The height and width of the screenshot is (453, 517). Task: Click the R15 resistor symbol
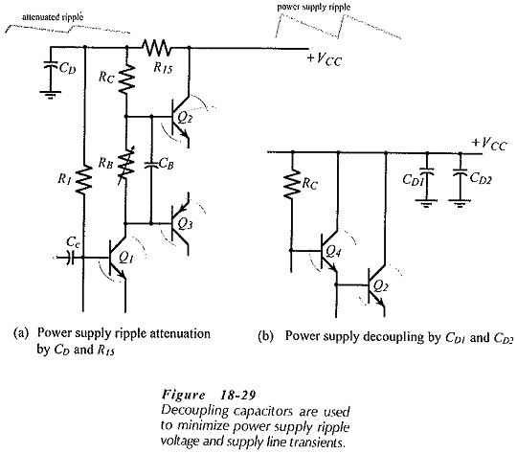pos(156,48)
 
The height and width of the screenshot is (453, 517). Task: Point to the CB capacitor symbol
pos(151,165)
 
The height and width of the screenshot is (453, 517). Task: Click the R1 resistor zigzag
pos(84,180)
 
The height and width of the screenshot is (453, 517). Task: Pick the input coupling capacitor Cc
pos(70,257)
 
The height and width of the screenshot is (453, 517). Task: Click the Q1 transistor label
pos(126,257)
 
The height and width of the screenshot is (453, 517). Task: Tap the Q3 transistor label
pos(185,224)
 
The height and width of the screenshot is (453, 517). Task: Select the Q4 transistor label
pos(333,252)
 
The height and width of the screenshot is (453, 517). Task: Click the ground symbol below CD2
pos(460,202)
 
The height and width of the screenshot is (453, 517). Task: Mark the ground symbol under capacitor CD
pos(51,95)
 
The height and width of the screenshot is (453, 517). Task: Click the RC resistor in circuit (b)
pos(291,184)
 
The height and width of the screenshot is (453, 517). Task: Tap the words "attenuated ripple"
pos(53,17)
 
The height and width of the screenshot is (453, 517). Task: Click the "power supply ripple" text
pos(314,7)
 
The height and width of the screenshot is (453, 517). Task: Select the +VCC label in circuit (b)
pos(489,144)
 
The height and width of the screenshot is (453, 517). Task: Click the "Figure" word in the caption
pos(183,395)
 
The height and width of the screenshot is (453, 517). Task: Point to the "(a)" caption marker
pos(21,333)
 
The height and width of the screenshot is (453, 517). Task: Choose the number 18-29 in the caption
pos(237,395)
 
